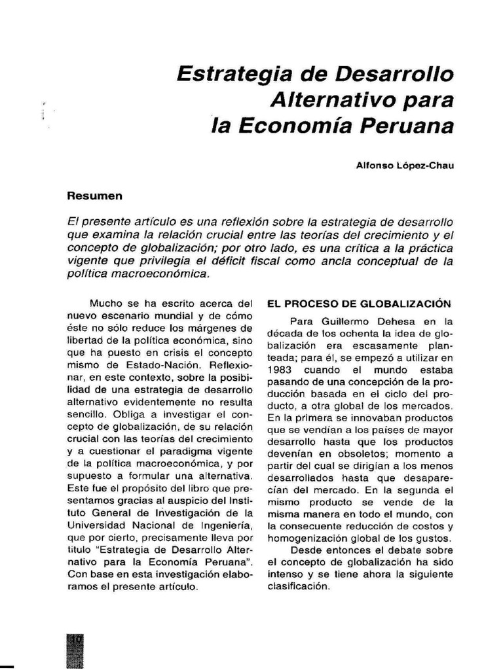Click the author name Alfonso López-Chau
404,166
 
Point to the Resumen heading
95,195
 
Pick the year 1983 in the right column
280,368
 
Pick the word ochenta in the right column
356,334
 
